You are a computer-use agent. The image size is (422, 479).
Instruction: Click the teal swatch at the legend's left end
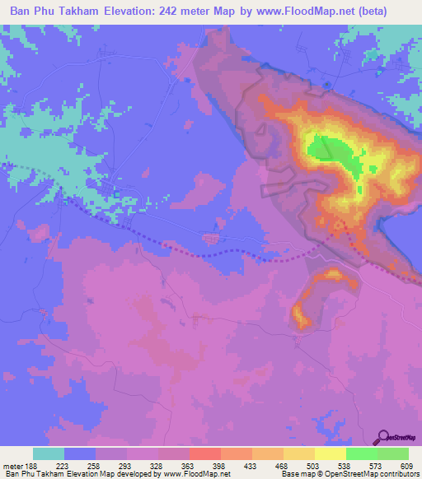[x=49, y=453]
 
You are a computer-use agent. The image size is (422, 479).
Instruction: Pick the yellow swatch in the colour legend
[x=330, y=453]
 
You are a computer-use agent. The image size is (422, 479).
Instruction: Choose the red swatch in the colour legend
[x=204, y=453]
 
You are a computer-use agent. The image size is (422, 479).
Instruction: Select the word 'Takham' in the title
[x=86, y=11]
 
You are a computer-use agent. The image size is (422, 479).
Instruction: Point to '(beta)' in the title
[x=393, y=11]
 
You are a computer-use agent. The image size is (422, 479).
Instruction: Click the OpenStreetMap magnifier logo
[x=382, y=437]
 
